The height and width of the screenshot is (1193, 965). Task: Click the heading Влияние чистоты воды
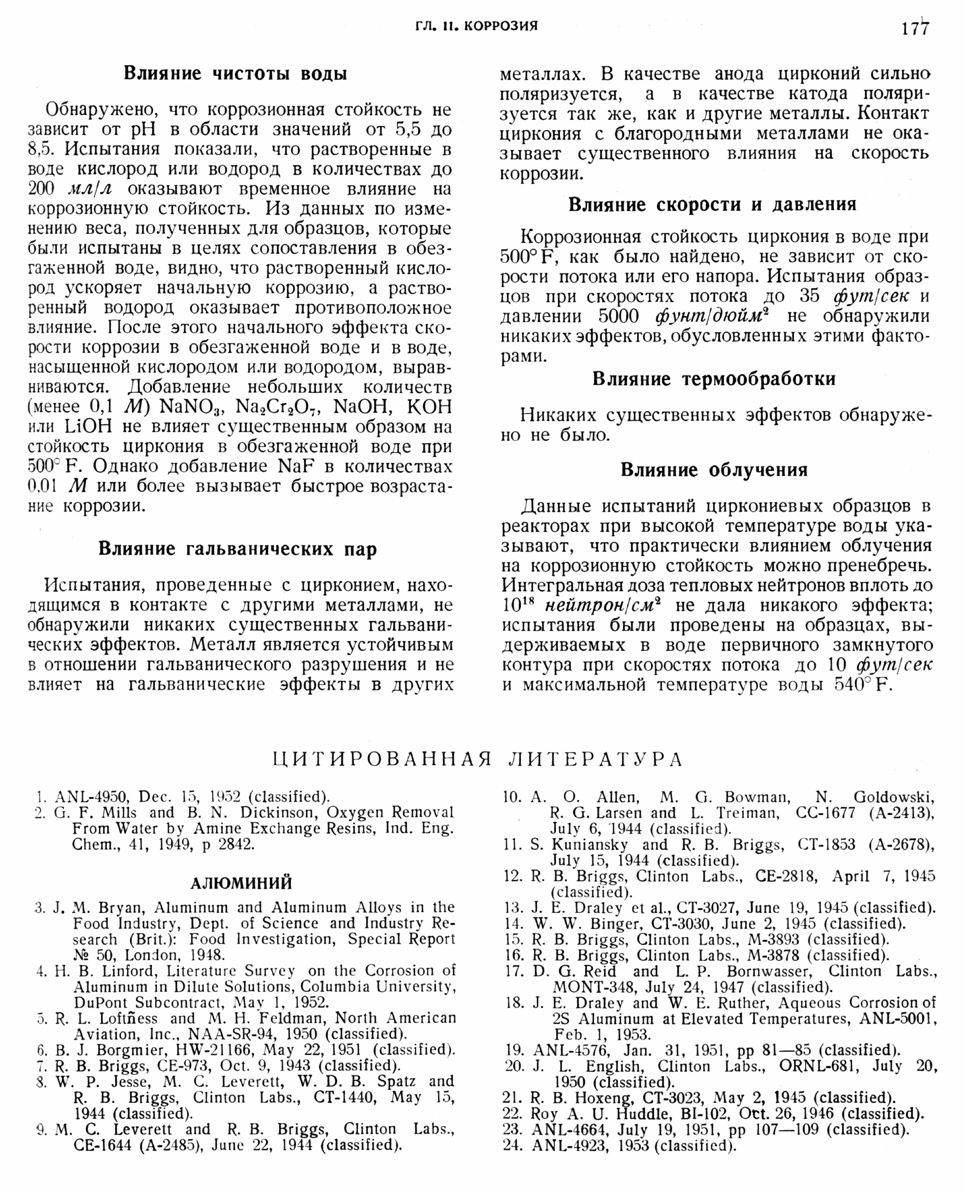pyautogui.click(x=235, y=74)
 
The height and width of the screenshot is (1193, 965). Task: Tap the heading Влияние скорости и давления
pyautogui.click(x=712, y=205)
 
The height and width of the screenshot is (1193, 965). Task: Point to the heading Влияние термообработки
pyautogui.click(x=714, y=379)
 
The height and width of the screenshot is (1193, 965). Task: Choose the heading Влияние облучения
pyautogui.click(x=714, y=470)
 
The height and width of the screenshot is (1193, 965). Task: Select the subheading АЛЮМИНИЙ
pyautogui.click(x=241, y=883)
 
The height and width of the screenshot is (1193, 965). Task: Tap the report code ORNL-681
pyautogui.click(x=817, y=1066)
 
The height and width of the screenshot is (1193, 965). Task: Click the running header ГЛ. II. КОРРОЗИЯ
pyautogui.click(x=476, y=26)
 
